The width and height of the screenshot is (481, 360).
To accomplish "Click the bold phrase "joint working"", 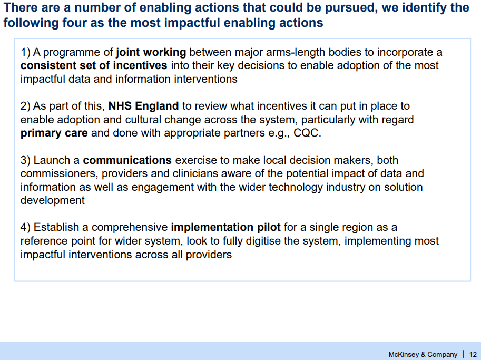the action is pos(151,53).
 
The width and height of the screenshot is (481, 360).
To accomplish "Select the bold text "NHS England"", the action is pos(144,106).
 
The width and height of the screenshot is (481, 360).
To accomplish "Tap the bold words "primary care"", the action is pos(54,133).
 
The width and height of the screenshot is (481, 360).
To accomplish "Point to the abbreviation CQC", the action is pos(307,133).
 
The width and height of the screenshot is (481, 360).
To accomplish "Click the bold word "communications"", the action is pos(127,160).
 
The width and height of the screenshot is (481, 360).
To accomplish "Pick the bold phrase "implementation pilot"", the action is pos(226,227).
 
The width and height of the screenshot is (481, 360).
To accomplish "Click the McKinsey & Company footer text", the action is pos(423,355).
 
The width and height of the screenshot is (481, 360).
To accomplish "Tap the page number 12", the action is pos(473,355).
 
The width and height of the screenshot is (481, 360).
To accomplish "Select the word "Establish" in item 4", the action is pos(56,227).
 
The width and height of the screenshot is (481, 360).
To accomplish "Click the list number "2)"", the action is pos(25,106).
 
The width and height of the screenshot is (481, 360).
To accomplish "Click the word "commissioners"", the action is pos(59,174).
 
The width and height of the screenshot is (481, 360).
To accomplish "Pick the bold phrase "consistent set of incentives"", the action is pos(94,65).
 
